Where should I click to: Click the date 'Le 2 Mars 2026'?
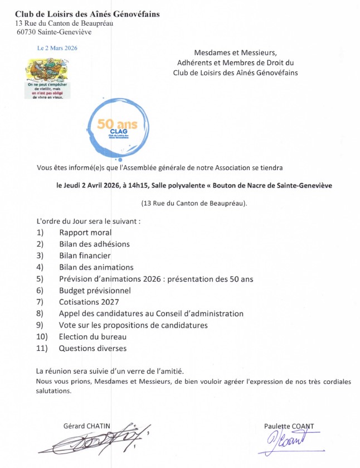(57, 48)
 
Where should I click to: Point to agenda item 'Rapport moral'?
(85, 232)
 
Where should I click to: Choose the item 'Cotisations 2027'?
(89, 302)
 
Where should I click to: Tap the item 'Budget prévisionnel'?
(95, 290)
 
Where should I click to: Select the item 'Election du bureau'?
(93, 337)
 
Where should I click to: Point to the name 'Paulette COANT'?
(289, 426)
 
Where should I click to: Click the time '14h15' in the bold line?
(134, 186)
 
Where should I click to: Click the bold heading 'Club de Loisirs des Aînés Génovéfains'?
(87, 13)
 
